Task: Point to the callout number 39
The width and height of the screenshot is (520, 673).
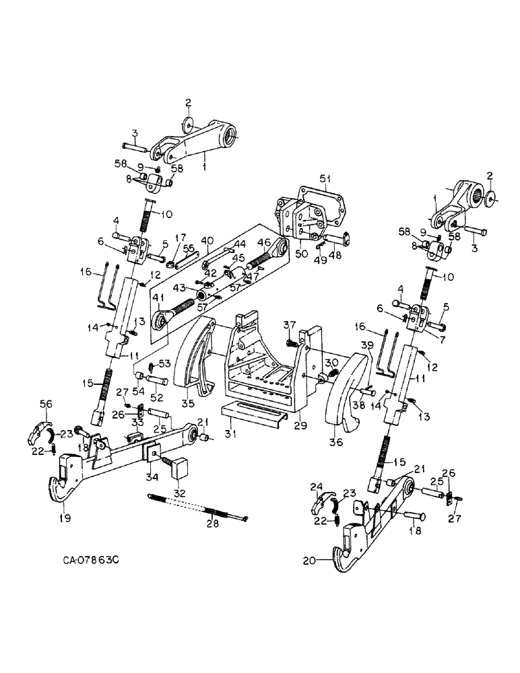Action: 368,345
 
